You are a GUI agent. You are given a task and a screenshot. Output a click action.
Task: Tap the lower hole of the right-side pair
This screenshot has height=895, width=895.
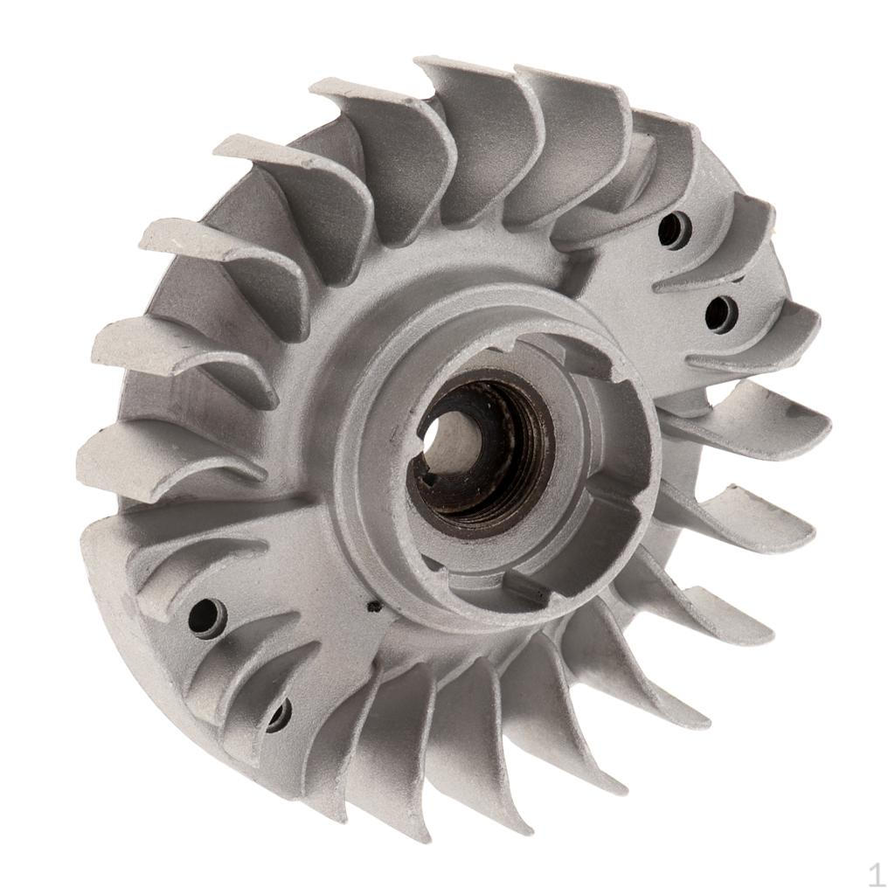pyautogui.click(x=721, y=314)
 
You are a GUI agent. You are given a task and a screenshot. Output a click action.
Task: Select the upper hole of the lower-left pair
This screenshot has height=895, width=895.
pyautogui.click(x=207, y=616)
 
